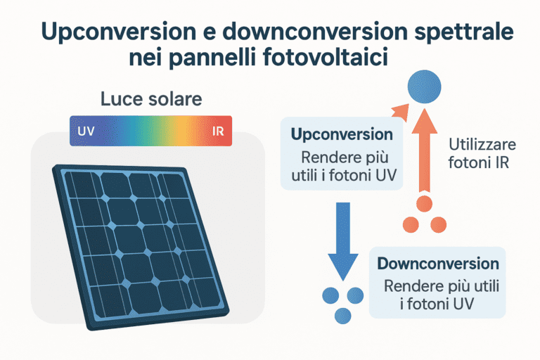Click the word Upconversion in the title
[x=102, y=32]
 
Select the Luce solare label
[x=151, y=99]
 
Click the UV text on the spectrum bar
[x=86, y=131]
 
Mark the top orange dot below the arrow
[x=423, y=205]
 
